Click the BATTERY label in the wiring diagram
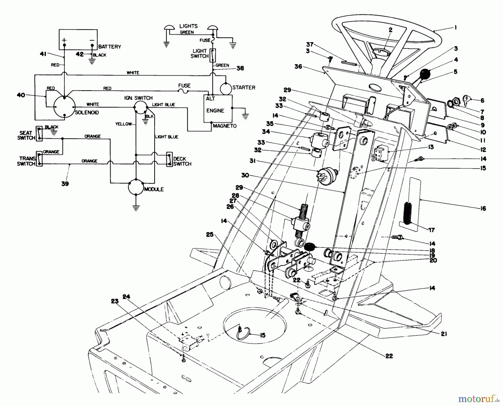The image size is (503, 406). [x=110, y=47]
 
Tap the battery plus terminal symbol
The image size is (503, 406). [x=64, y=40]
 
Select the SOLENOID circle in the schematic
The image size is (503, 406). [x=65, y=107]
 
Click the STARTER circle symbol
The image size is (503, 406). [x=226, y=88]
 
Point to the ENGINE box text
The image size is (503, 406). [x=215, y=111]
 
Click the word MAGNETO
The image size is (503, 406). [x=225, y=126]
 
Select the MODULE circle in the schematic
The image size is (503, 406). [x=136, y=187]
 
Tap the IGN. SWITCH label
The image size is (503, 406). [x=138, y=98]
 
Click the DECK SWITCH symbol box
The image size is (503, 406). [x=169, y=160]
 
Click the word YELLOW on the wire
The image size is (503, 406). [x=123, y=124]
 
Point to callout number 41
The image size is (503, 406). [x=43, y=54]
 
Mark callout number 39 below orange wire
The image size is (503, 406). [x=65, y=184]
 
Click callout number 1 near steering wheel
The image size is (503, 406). [x=455, y=28]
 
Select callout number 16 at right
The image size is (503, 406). [x=483, y=208]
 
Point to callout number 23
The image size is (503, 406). [x=115, y=301]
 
